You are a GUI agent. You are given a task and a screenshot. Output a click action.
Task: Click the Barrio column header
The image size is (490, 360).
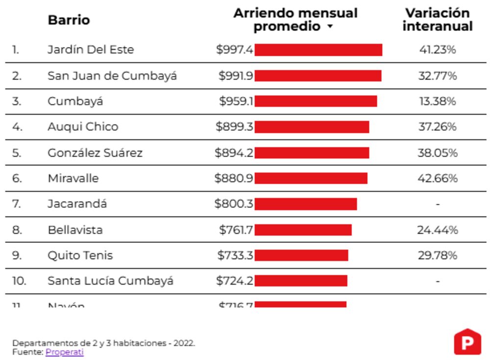pyautogui.click(x=69, y=20)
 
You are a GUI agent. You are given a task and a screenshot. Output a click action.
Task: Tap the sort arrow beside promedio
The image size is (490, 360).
pyautogui.click(x=330, y=27)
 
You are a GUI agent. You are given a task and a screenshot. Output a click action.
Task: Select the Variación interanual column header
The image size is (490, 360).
pyautogui.click(x=437, y=20)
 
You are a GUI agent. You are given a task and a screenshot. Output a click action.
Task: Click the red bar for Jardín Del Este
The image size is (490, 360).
pyautogui.click(x=318, y=50)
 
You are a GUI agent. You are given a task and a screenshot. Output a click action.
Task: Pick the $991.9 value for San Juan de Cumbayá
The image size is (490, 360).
pyautogui.click(x=236, y=76)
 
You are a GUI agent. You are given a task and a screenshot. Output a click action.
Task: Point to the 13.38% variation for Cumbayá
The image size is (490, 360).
pyautogui.click(x=437, y=101)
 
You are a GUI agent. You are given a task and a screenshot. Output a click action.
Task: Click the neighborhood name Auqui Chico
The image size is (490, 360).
pyautogui.click(x=83, y=127)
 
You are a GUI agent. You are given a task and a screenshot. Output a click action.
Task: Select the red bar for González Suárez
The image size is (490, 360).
pyautogui.click(x=312, y=153)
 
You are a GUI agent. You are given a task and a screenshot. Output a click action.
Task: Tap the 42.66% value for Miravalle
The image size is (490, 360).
pyautogui.click(x=437, y=178)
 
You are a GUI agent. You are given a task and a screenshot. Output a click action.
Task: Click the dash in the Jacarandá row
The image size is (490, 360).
pyautogui.click(x=438, y=204)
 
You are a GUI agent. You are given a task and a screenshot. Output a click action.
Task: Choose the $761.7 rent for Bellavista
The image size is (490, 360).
pyautogui.click(x=236, y=230)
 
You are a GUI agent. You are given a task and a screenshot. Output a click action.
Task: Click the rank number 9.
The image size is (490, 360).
pyautogui.click(x=17, y=256)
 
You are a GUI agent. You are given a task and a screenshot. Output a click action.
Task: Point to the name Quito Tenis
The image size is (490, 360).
pyautogui.click(x=80, y=256)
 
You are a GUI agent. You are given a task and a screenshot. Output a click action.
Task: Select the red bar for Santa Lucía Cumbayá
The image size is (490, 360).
pyautogui.click(x=301, y=281)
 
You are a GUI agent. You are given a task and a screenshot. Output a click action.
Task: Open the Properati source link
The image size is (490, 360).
pyautogui.click(x=65, y=352)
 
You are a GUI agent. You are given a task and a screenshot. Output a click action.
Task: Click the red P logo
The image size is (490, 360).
pyautogui.click(x=467, y=342)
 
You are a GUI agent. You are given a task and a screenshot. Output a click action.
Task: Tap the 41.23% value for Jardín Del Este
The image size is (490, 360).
pyautogui.click(x=437, y=50)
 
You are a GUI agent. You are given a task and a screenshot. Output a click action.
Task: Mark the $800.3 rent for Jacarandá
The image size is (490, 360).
pyautogui.click(x=234, y=204)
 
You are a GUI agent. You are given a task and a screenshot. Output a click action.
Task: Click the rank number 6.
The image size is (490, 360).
pyautogui.click(x=17, y=178)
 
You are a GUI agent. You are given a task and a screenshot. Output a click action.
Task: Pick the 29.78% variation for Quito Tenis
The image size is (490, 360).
pyautogui.click(x=437, y=256)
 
